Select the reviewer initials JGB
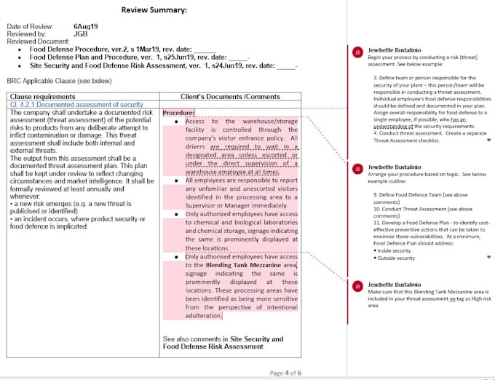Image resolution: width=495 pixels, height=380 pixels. point(81,33)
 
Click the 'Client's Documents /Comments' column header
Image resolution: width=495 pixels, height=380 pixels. point(230,96)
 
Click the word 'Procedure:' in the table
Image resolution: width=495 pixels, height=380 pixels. point(178,113)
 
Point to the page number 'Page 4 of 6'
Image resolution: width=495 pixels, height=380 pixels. point(285,373)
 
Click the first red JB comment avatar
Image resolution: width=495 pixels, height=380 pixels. point(357,52)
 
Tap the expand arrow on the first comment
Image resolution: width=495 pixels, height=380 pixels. point(488,140)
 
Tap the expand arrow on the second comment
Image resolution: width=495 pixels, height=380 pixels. point(488,257)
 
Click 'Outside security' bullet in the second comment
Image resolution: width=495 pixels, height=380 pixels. point(397,258)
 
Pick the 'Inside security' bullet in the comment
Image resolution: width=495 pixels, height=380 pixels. point(395,250)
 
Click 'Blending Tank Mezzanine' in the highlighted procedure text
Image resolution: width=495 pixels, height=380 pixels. point(231,266)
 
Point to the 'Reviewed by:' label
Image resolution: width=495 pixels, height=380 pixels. point(26,33)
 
